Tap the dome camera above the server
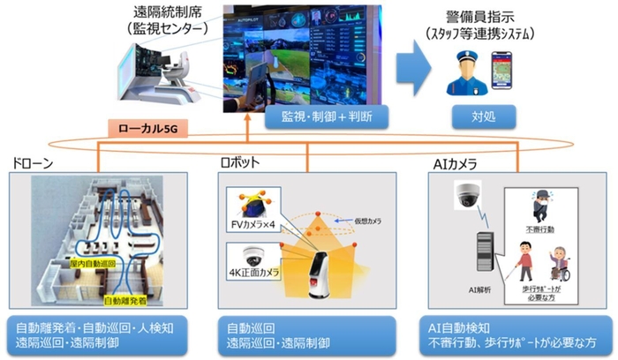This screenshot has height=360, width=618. (469, 196)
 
